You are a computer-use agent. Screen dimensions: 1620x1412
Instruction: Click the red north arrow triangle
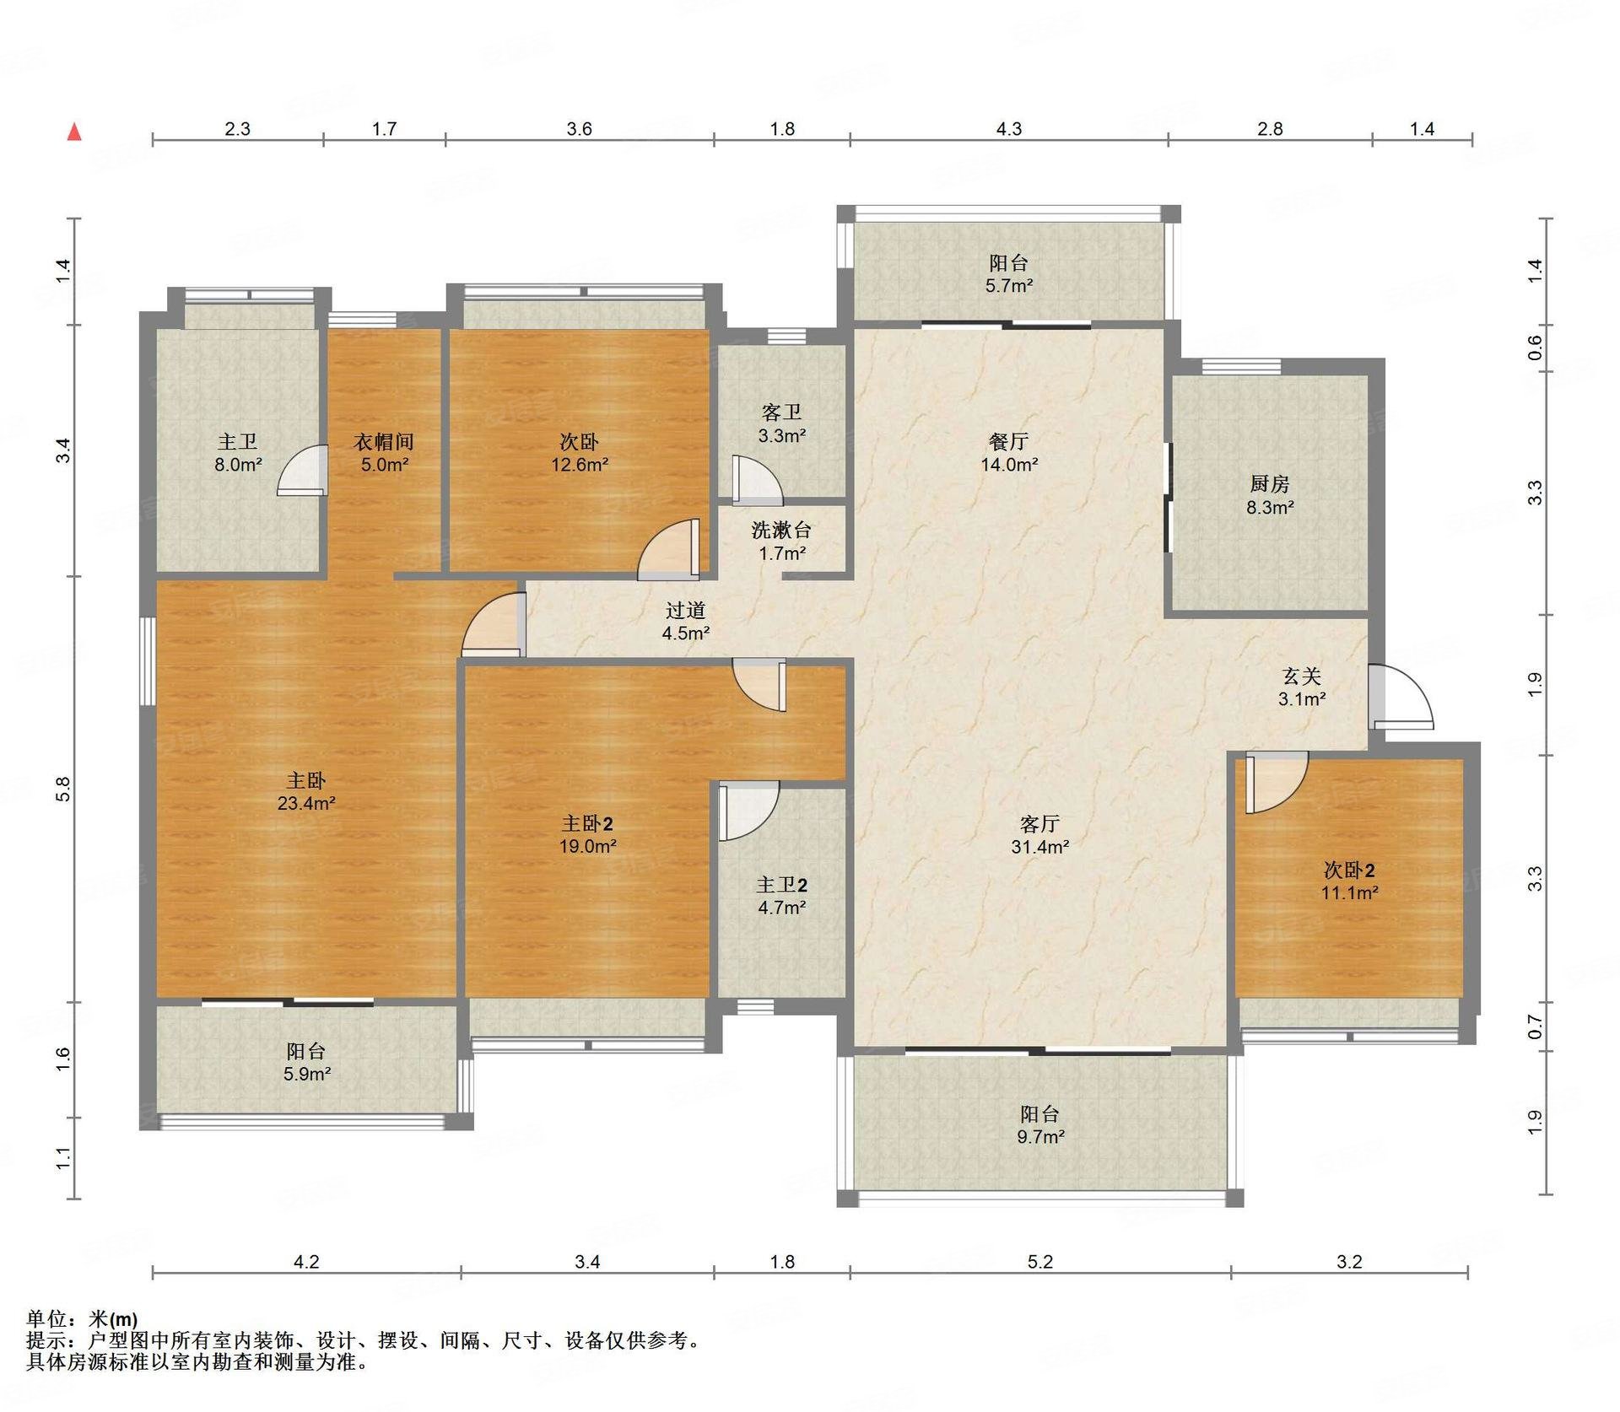click(x=74, y=132)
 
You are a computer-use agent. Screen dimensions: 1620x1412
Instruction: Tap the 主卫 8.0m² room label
click(x=239, y=453)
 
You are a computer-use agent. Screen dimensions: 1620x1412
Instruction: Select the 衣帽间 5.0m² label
click(x=384, y=453)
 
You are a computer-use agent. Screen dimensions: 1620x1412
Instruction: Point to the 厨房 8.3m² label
click(x=1270, y=495)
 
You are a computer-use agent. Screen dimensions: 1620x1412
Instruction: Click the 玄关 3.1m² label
click(x=1301, y=687)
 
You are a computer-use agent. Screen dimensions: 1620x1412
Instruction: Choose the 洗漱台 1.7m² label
click(x=781, y=542)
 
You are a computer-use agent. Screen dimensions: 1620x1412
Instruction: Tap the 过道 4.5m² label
click(x=685, y=621)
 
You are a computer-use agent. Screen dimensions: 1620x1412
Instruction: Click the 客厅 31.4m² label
click(x=1039, y=835)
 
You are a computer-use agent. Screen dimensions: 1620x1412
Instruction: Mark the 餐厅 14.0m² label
click(x=1009, y=453)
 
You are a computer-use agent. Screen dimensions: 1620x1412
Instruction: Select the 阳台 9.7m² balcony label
click(x=1040, y=1125)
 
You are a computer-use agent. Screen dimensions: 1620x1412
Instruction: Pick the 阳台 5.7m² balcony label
click(x=1009, y=274)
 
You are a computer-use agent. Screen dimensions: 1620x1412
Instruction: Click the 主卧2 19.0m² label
click(x=587, y=835)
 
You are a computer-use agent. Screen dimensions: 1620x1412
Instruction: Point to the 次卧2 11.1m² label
click(x=1349, y=881)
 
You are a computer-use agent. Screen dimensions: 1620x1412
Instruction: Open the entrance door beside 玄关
click(x=1401, y=697)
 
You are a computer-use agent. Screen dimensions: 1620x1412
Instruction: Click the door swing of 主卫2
click(x=748, y=811)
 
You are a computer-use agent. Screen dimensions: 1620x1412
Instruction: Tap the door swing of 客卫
click(x=758, y=482)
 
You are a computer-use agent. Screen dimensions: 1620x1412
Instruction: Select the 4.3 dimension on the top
click(x=1009, y=129)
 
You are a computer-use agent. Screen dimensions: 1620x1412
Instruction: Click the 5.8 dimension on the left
click(x=63, y=789)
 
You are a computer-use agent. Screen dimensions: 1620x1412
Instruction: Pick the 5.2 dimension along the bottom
click(x=1040, y=1262)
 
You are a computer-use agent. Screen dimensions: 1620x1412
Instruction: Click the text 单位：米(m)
click(x=82, y=1319)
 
